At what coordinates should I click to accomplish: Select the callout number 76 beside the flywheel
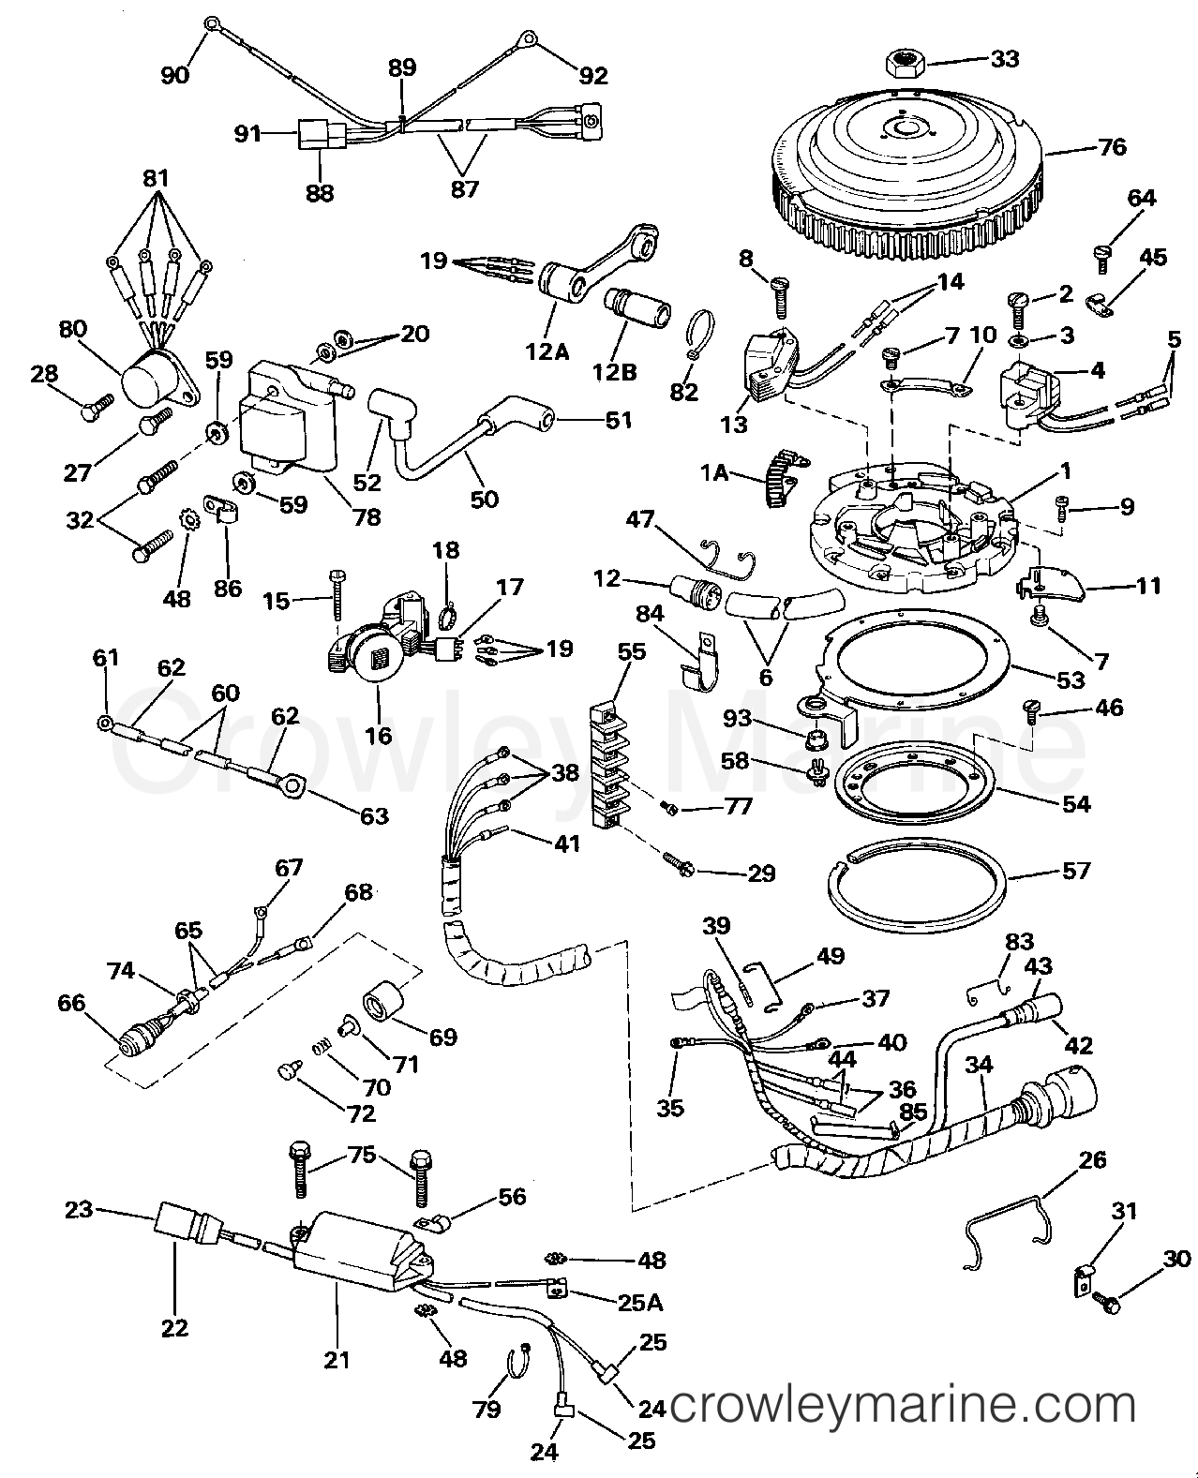coord(1113,147)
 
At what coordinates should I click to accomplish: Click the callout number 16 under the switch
coord(378,735)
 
